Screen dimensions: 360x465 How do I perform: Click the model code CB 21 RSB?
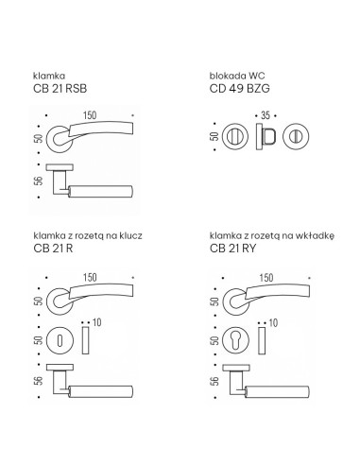(x=60, y=89)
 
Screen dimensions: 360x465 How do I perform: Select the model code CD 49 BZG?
(x=239, y=89)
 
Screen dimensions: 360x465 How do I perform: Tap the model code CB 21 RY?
(x=232, y=249)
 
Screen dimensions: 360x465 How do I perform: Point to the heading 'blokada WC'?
(x=237, y=76)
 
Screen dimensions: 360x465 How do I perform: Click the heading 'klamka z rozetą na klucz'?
(x=88, y=235)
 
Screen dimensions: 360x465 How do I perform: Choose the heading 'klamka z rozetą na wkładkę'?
(x=272, y=235)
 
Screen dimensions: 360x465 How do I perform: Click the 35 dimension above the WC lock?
(x=266, y=115)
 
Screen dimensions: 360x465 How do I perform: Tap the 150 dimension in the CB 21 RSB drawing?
(x=90, y=115)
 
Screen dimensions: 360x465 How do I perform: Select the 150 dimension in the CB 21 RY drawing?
(x=266, y=278)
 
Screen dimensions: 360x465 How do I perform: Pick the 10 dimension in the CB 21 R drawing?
(x=97, y=322)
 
